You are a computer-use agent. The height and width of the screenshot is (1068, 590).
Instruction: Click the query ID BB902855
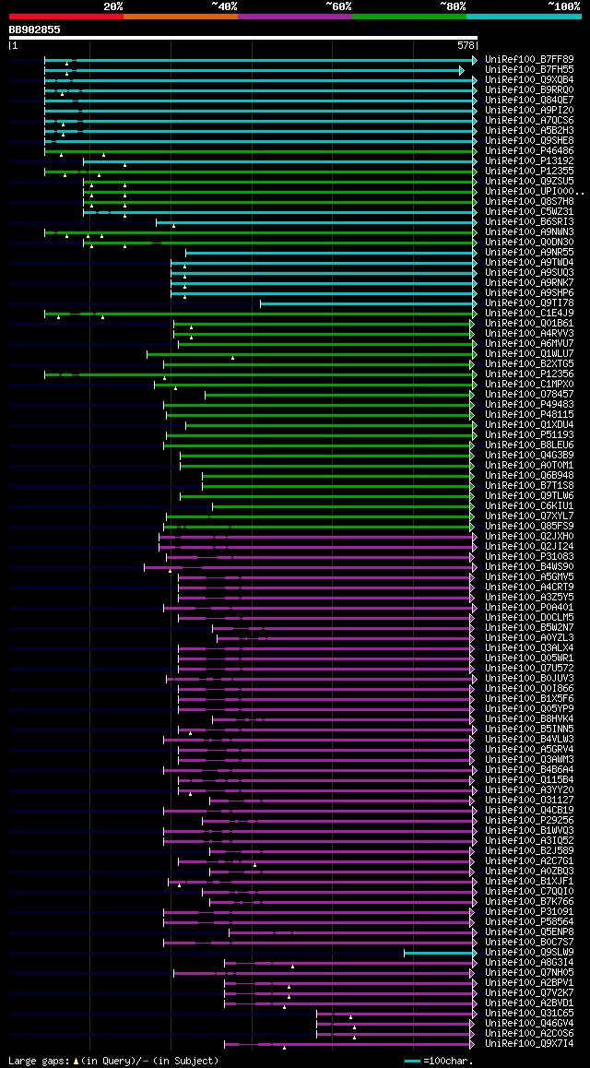[35, 30]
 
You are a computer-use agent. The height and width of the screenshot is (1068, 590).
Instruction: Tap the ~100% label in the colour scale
[563, 6]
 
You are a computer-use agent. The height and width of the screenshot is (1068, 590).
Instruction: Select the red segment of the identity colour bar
[65, 17]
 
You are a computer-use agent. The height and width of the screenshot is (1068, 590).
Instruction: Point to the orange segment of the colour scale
[180, 17]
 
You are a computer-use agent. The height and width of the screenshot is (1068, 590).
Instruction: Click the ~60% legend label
[337, 6]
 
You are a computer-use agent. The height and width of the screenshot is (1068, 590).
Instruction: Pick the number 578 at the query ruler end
[466, 45]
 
